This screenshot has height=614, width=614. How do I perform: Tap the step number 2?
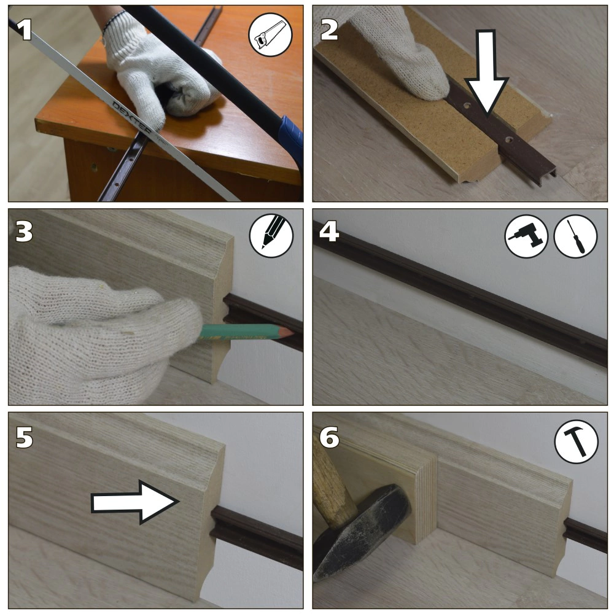point(329,29)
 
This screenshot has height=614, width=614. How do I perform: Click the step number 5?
point(24,437)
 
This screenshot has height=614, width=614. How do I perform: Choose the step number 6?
point(329,437)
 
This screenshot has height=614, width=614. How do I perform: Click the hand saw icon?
point(271,34)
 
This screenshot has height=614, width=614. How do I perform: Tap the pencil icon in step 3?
point(271,235)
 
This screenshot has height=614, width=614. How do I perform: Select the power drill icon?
point(526,236)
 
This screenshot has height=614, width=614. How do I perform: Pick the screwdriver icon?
point(576,236)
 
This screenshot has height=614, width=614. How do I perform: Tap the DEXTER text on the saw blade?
point(131,117)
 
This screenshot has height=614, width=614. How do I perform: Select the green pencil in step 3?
point(246,332)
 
